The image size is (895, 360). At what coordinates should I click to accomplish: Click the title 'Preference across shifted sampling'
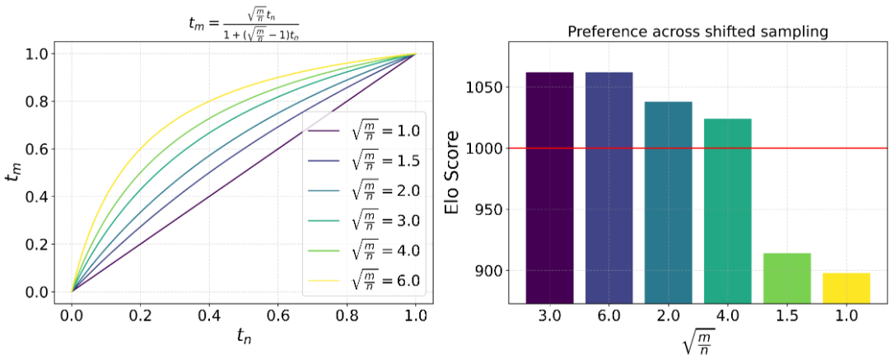click(697, 33)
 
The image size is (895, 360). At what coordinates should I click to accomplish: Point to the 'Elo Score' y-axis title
click(453, 172)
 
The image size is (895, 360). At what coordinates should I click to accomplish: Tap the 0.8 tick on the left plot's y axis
click(36, 101)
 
